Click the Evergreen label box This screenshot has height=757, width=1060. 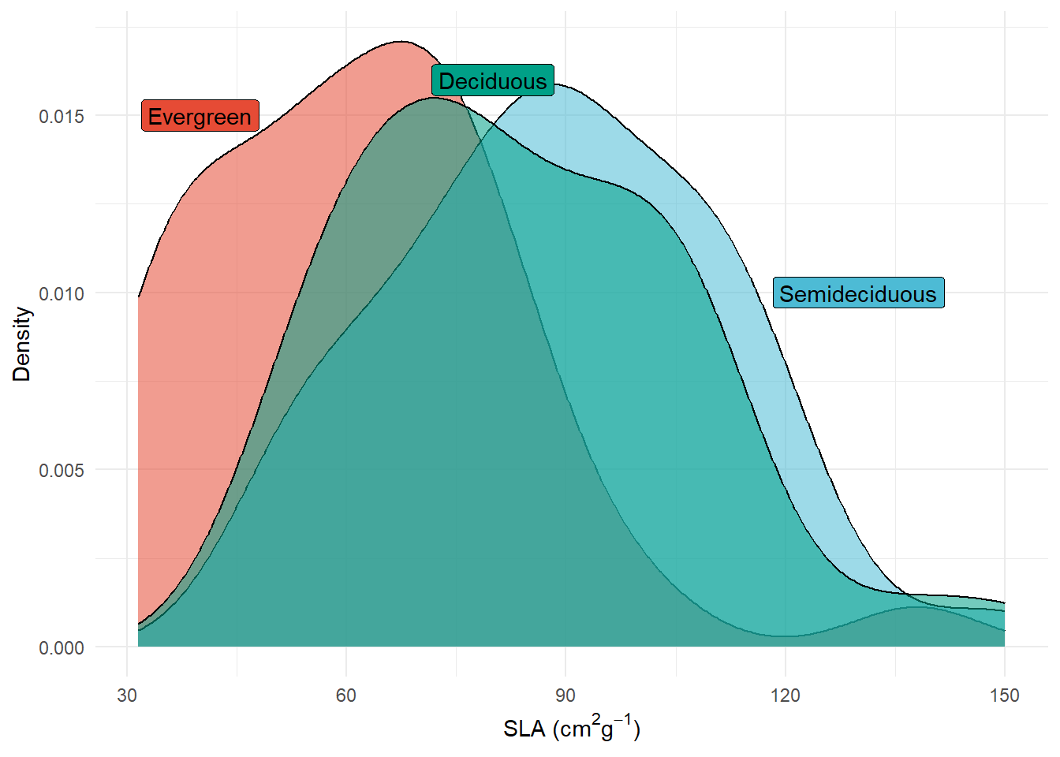coord(200,116)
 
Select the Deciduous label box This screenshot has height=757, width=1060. coord(493,80)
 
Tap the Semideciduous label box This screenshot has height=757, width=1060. coord(858,293)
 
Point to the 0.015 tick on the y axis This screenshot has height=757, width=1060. coord(62,116)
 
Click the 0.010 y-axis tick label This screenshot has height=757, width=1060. coord(62,293)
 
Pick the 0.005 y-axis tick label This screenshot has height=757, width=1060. coord(62,471)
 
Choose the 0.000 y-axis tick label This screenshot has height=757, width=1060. coord(62,647)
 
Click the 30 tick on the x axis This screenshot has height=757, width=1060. coord(127,695)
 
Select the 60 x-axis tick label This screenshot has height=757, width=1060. coord(346,695)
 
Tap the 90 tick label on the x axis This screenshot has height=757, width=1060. coord(565,695)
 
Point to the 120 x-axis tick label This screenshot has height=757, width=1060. coord(785,695)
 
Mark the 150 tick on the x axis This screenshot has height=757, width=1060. coord(1004,695)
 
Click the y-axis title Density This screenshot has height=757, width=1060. coord(21,344)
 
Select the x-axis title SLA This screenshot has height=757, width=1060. coord(572,729)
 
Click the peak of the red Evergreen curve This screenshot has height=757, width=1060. coord(401,42)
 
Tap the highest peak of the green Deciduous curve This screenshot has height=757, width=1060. coord(435,98)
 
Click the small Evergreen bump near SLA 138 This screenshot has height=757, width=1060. coord(915,607)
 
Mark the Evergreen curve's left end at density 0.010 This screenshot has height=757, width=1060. coord(139,296)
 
